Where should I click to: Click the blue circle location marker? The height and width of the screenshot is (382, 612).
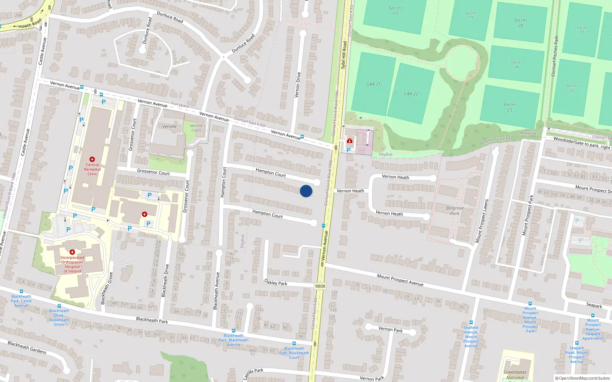(x=306, y=191)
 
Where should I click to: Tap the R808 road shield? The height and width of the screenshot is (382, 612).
(x=320, y=286)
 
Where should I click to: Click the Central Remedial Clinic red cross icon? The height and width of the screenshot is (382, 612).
(x=92, y=159)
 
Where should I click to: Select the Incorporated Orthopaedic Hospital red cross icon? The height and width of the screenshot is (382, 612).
(x=72, y=252)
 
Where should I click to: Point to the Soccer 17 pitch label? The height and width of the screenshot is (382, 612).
(x=395, y=11)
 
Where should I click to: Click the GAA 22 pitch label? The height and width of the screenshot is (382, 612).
(x=411, y=94)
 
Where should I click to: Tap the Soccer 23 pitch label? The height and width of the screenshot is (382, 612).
(x=509, y=107)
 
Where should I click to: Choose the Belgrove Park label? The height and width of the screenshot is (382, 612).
(x=455, y=211)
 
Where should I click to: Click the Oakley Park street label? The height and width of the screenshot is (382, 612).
(x=276, y=282)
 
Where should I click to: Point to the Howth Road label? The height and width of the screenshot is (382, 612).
(x=30, y=24)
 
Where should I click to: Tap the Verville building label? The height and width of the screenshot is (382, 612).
(x=169, y=126)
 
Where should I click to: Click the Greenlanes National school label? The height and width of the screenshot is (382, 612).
(x=515, y=375)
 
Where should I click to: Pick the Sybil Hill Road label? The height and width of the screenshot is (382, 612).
(x=343, y=55)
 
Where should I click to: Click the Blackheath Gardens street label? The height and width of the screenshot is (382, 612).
(x=27, y=347)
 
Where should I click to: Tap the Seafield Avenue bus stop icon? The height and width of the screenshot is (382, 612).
(x=471, y=322)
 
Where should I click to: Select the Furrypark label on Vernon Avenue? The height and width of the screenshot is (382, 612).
(x=180, y=105)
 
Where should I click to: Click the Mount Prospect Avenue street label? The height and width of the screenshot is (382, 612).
(x=400, y=280)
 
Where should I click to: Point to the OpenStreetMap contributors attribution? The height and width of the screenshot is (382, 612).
(x=583, y=378)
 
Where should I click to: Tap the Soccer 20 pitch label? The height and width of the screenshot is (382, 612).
(x=520, y=23)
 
